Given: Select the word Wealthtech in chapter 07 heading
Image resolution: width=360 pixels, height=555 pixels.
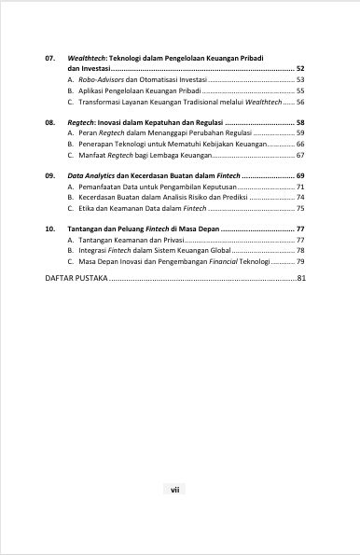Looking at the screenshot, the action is pyautogui.click(x=88, y=58).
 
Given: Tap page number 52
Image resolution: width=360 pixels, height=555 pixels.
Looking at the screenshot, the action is pyautogui.click(x=299, y=69).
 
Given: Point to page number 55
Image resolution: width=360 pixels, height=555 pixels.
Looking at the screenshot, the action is pyautogui.click(x=299, y=92).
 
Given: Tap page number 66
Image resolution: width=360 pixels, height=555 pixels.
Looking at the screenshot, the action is pyautogui.click(x=299, y=146).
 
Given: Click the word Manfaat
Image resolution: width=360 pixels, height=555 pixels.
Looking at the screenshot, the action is pyautogui.click(x=92, y=157).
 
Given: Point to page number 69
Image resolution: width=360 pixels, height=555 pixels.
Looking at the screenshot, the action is pyautogui.click(x=299, y=176).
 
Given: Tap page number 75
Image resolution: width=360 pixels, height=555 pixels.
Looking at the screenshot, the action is pyautogui.click(x=299, y=210).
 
